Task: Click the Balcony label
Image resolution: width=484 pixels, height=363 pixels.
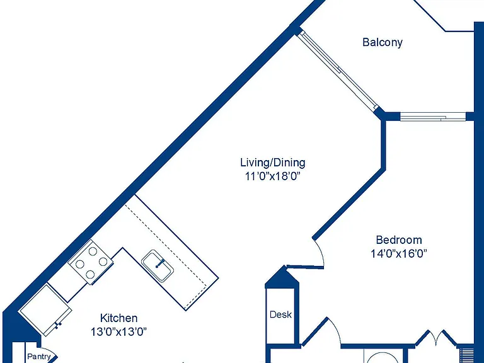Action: (x=383, y=42)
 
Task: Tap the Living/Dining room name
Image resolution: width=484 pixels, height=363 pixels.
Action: (x=273, y=163)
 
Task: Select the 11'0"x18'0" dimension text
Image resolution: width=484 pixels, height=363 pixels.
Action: (x=273, y=176)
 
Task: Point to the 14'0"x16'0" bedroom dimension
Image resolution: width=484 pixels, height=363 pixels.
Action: (x=399, y=254)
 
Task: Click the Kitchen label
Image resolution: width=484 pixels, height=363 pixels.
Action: (x=118, y=318)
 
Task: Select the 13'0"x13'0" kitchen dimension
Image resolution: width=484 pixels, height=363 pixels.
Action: (x=118, y=332)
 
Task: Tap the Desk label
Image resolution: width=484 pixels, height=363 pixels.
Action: (x=280, y=314)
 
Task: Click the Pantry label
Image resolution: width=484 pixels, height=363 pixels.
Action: (x=39, y=357)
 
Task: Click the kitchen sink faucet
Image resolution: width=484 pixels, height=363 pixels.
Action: (x=160, y=263)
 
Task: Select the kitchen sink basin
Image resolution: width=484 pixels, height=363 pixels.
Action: (x=158, y=266)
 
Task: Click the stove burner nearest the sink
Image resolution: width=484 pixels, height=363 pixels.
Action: (x=103, y=262)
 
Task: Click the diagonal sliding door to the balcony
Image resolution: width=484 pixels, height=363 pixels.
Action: (x=337, y=71)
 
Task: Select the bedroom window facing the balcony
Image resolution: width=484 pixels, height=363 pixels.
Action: (x=433, y=117)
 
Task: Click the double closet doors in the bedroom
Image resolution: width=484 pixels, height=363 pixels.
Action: (x=436, y=338)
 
